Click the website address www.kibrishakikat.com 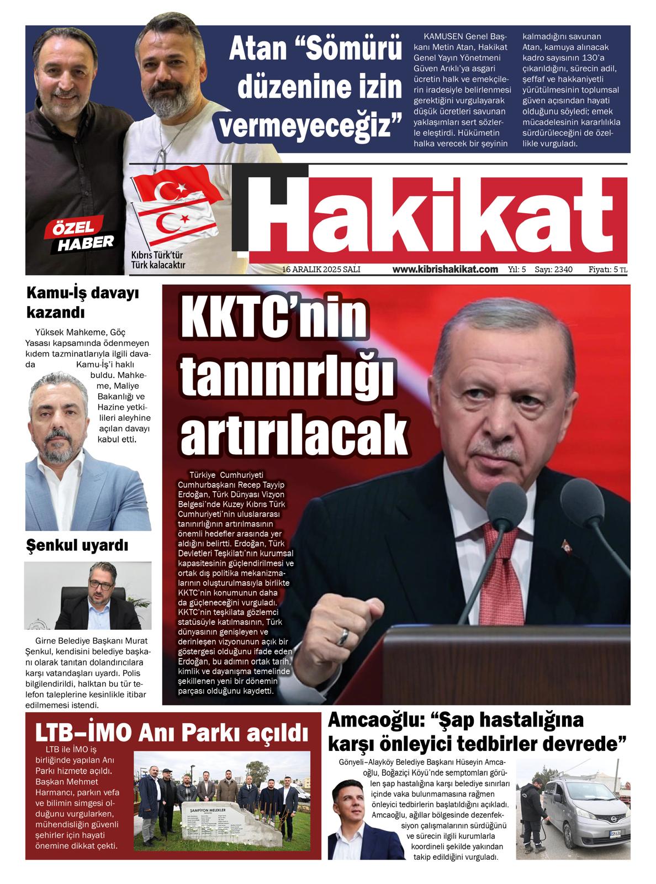coord(445,270)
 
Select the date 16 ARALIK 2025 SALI coord(321,270)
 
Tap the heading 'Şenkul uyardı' coord(77,546)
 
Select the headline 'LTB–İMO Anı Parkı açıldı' coord(171,732)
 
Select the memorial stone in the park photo coord(225,830)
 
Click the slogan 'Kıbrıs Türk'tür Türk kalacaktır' coord(157,260)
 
